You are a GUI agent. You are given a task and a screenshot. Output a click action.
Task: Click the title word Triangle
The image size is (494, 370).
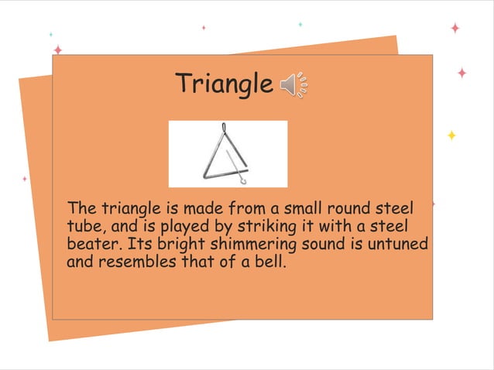[x=223, y=84]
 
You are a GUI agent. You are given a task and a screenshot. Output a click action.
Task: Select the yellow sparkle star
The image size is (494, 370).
[x=451, y=135]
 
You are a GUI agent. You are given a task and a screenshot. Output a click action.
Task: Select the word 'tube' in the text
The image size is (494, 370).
[x=81, y=227]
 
